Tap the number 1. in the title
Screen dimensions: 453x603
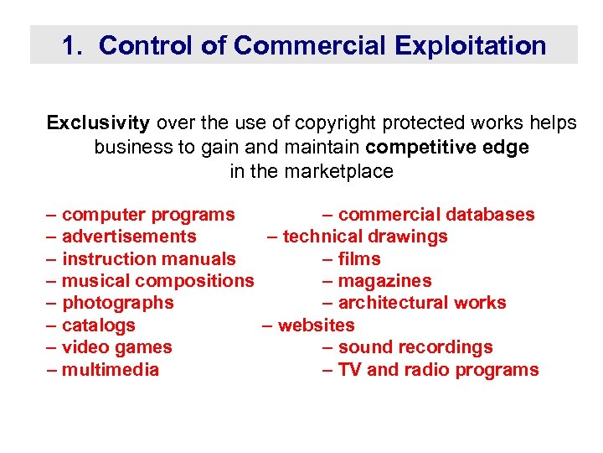(72, 45)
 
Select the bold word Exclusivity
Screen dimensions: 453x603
(98, 123)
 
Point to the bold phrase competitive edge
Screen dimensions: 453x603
(448, 148)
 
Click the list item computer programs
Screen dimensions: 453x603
(148, 215)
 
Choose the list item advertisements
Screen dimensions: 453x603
(129, 237)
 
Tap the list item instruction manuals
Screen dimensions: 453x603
(149, 259)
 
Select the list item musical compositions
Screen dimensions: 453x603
(157, 281)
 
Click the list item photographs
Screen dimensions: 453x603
(118, 303)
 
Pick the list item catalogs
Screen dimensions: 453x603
(99, 325)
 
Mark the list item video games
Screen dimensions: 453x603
(117, 347)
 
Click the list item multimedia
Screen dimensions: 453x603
(111, 370)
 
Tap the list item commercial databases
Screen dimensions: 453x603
(435, 215)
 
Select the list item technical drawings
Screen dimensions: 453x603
(365, 237)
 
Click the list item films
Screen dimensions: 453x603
(359, 259)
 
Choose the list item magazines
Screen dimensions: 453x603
(384, 281)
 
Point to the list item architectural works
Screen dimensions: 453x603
(422, 303)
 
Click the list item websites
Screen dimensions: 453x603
(316, 325)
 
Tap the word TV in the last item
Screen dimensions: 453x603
(349, 370)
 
